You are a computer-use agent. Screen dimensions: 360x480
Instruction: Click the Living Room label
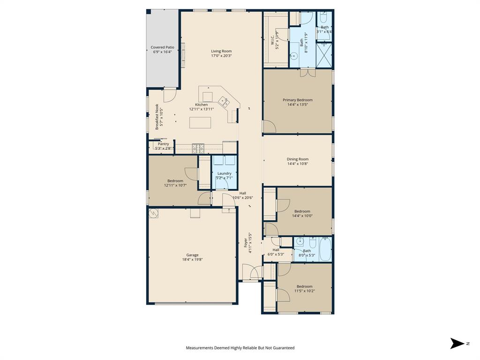tap(221, 51)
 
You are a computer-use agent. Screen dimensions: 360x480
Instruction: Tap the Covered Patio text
tap(162, 47)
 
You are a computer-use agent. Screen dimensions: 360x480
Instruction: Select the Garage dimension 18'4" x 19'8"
tap(192, 260)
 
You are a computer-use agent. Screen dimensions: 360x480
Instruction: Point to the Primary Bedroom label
tap(297, 100)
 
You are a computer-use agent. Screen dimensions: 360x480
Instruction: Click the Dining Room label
tap(298, 159)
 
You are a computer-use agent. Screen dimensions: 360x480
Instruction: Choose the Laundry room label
tap(224, 173)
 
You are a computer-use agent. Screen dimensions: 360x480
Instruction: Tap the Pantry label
tap(163, 144)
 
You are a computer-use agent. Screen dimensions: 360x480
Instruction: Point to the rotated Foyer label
tap(245, 243)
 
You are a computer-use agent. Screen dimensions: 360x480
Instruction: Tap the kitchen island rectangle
tap(200, 122)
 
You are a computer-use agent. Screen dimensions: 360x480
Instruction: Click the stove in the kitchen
tap(198, 148)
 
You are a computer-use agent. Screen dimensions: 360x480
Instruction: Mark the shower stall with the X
tap(324, 55)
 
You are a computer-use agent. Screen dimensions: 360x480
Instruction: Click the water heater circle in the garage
tap(153, 213)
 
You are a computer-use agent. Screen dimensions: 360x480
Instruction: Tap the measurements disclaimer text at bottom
tap(240, 348)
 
